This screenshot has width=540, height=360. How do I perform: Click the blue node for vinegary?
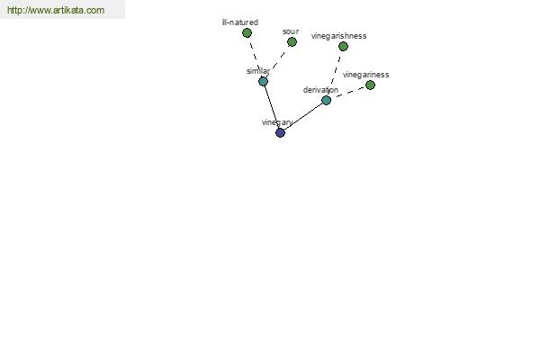(280, 132)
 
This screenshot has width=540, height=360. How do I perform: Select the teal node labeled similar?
(263, 82)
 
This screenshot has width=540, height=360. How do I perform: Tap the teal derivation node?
(326, 100)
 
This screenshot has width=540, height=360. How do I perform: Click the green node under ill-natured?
(247, 32)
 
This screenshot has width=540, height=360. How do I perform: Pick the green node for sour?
(292, 42)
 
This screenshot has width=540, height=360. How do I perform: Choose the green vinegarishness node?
(343, 46)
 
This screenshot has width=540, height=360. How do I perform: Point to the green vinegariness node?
(370, 85)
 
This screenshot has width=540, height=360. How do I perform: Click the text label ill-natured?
(240, 22)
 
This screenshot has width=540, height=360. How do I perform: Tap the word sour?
(291, 31)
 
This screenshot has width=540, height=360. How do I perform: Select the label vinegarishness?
(339, 36)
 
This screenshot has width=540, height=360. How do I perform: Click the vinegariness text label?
(365, 75)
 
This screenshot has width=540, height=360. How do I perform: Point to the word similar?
(258, 71)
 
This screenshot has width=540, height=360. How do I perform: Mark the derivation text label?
(320, 90)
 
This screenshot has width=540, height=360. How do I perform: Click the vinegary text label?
(277, 122)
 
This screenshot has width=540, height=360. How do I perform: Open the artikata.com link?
(56, 10)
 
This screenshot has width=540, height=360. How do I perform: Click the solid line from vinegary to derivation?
(303, 116)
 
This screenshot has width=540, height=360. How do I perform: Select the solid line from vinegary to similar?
(272, 107)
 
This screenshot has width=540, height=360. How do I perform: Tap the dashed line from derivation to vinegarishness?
(335, 73)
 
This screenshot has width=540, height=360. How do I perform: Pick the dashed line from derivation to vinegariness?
(348, 93)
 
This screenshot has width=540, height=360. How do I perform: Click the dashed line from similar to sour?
(277, 62)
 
